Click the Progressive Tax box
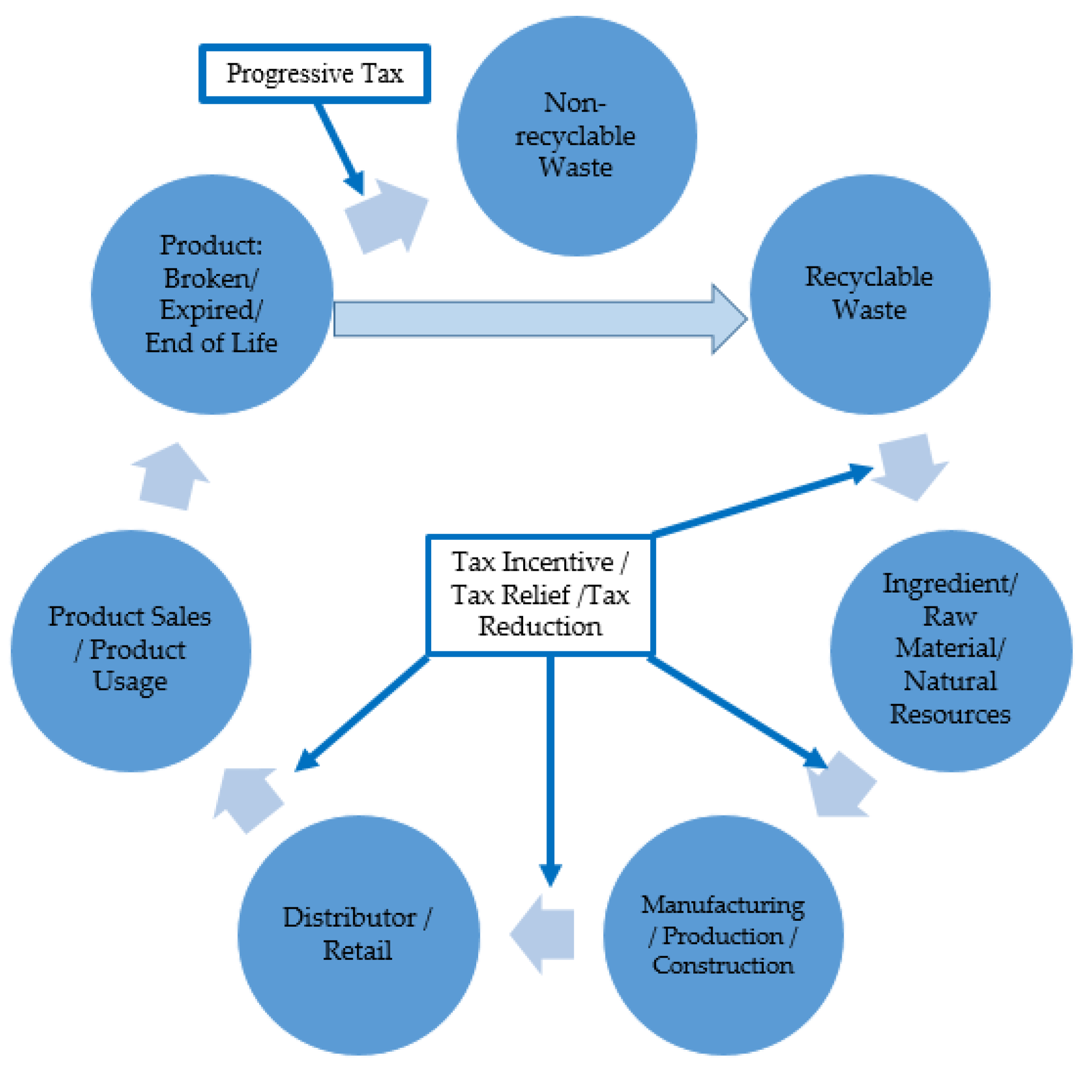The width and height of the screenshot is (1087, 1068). pos(314,74)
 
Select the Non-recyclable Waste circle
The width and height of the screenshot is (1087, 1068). pos(576,136)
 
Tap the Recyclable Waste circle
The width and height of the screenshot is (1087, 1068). pos(869,295)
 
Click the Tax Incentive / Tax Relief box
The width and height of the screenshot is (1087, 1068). pos(540,595)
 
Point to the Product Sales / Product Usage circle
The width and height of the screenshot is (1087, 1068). pos(130,651)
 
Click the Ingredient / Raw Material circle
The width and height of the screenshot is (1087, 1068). pos(951,651)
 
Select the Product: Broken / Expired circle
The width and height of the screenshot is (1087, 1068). pos(212,295)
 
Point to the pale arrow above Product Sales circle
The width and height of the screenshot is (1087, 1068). pos(171,477)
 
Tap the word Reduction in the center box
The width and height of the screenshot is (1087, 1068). pos(540,627)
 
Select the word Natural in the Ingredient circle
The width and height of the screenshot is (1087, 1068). pos(950,681)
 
